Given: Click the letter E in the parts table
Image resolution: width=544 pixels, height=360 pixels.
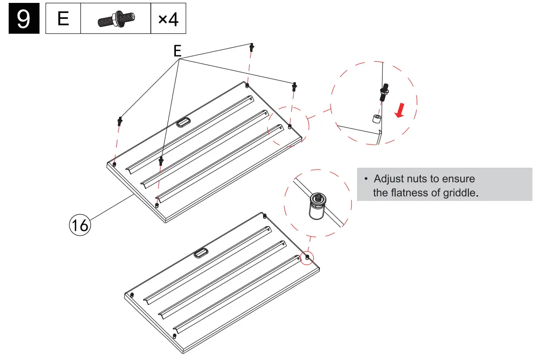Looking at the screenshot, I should pos(63,19).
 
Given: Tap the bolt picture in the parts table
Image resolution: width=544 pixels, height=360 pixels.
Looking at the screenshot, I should pos(116,20).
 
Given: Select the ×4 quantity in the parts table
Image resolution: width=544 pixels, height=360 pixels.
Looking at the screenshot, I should pos(168,20).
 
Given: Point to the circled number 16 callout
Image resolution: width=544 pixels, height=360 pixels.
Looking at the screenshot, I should pos(80,225).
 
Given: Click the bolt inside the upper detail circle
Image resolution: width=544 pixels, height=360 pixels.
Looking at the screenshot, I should pos(384,92).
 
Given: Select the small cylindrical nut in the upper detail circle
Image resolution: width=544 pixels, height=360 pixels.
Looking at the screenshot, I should pos(376,119).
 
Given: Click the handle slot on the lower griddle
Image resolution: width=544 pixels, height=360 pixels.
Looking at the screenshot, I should pos(201,252).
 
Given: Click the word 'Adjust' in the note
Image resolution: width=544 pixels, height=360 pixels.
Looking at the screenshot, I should pos(388,179).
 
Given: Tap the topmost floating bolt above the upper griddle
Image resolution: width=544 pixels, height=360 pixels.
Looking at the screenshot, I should pos(252,47).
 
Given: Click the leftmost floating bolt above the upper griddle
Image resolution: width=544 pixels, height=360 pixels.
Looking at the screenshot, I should pos(119,120).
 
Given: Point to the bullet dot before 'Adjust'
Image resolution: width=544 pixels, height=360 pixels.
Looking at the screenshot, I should pos(366,179).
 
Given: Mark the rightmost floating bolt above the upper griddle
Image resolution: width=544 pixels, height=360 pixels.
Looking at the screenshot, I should pos(294,87).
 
